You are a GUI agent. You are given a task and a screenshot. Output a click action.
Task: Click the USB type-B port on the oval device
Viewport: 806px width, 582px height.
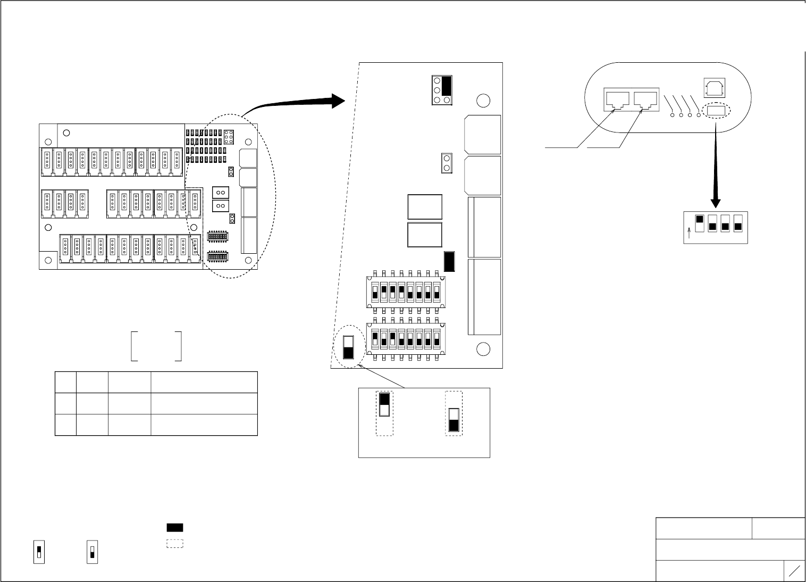click(x=712, y=87)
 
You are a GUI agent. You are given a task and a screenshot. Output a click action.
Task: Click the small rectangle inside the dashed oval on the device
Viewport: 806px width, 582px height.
click(x=716, y=111)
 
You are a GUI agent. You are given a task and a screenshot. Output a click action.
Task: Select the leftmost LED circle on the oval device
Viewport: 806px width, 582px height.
click(x=673, y=115)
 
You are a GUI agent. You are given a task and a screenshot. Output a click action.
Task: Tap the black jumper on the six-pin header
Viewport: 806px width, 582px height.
click(x=447, y=85)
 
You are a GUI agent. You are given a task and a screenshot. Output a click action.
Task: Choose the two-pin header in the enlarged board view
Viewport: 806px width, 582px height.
click(x=447, y=163)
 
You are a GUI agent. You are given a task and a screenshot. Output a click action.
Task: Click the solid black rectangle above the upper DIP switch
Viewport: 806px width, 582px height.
click(x=449, y=261)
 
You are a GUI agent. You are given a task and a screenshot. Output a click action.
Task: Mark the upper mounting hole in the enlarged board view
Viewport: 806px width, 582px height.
click(x=483, y=100)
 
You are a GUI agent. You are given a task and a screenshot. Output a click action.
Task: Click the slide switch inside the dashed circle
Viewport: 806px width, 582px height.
click(x=349, y=347)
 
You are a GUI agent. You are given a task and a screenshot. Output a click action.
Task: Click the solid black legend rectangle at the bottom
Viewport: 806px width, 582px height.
click(x=175, y=528)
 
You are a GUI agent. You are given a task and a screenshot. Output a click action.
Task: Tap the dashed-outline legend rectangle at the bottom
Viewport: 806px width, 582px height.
click(x=175, y=544)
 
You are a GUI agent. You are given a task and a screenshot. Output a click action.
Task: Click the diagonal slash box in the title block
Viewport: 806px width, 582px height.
click(x=795, y=571)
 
